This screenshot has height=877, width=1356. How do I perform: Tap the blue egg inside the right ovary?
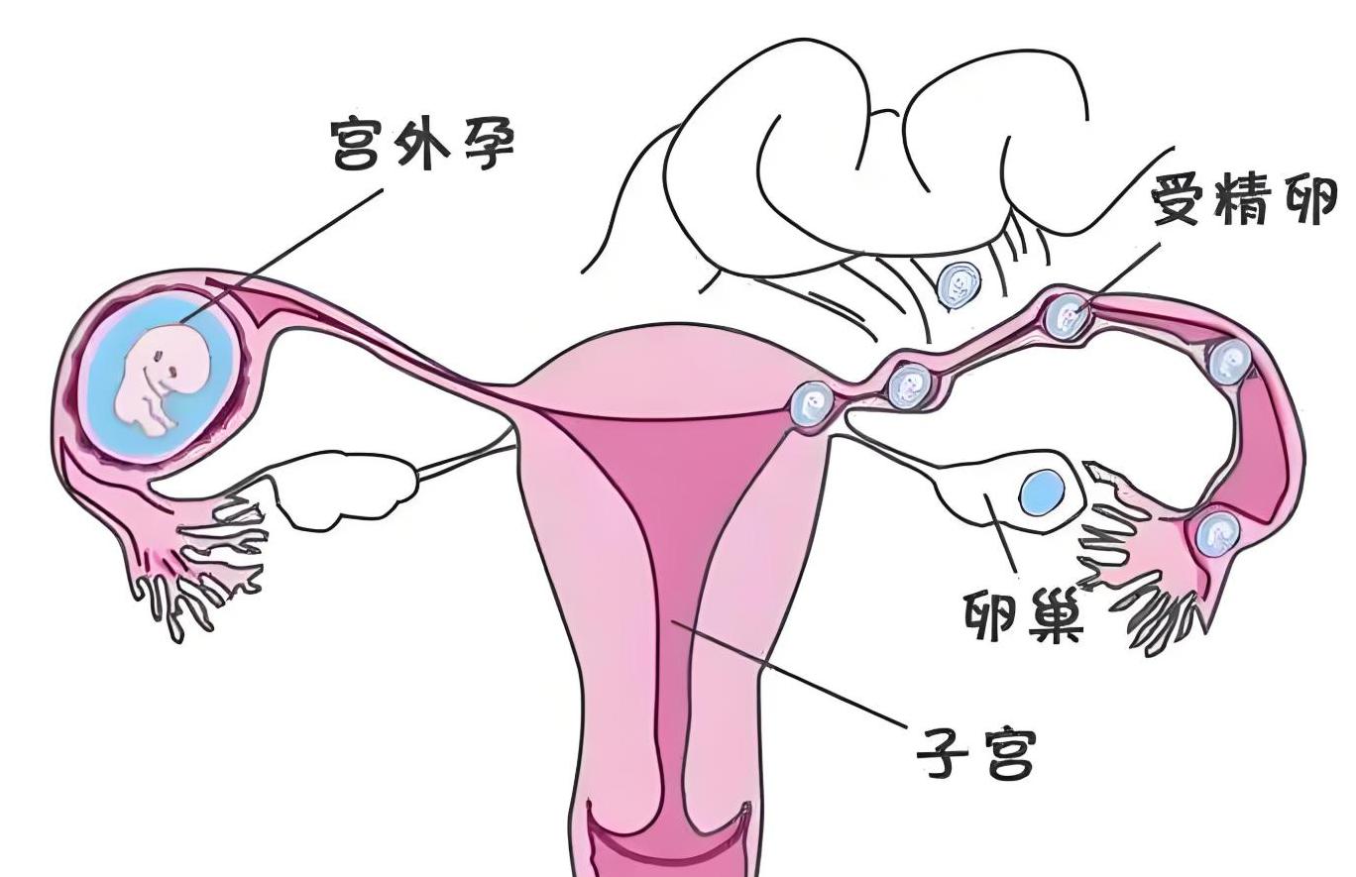[1041, 490]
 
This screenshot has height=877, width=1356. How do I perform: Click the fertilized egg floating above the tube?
[959, 285]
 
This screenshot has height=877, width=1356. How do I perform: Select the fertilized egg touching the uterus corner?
[813, 403]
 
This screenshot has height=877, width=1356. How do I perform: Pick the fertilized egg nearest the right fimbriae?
[1216, 534]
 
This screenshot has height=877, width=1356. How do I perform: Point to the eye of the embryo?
[170, 372]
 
